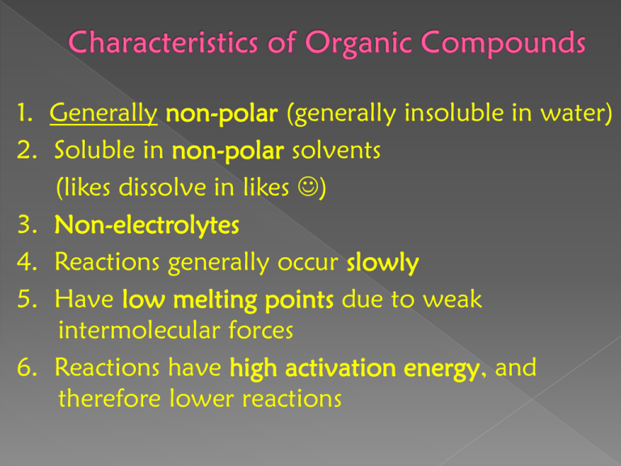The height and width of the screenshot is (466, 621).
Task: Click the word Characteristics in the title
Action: pyautogui.click(x=163, y=42)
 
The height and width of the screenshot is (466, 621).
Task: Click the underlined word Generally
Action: pyautogui.click(x=103, y=114)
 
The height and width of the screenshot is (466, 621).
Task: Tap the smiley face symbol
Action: pyautogui.click(x=308, y=186)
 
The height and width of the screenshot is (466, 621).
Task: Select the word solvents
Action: pyautogui.click(x=336, y=151)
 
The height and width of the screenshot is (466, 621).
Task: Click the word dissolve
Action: pyautogui.click(x=163, y=187)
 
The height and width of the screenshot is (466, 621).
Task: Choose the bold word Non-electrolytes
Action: pyautogui.click(x=147, y=225)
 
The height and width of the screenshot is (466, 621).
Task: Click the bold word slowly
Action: pyautogui.click(x=382, y=262)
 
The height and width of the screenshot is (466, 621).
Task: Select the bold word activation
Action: pyautogui.click(x=340, y=368)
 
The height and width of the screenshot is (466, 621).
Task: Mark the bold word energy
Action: pyautogui.click(x=441, y=370)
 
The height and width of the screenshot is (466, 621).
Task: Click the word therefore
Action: pyautogui.click(x=109, y=398)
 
